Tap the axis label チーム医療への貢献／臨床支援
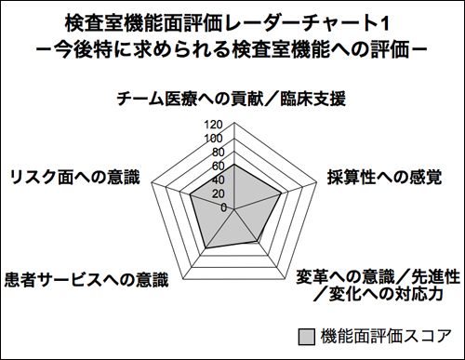point(232,98)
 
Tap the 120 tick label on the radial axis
point(213,125)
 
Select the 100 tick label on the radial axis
point(213,139)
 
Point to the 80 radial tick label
point(217,153)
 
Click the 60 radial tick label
point(217,167)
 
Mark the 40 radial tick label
point(217,180)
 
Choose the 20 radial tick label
point(217,194)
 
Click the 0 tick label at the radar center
point(222,207)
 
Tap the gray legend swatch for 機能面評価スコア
point(306,335)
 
